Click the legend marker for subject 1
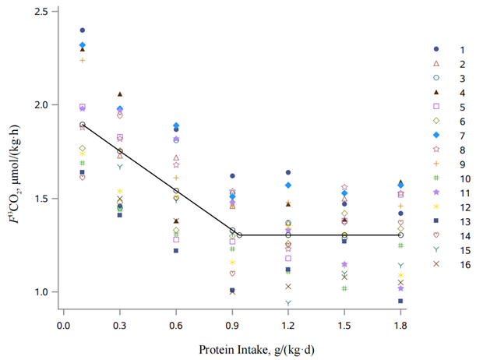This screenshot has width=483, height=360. click(436, 48)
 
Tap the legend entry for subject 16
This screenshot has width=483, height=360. click(436, 264)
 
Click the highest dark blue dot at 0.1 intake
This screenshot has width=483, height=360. click(83, 30)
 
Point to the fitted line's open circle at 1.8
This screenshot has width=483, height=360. click(400, 235)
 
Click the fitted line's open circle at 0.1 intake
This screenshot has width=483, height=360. click(83, 125)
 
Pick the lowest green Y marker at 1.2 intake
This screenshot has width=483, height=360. click(288, 303)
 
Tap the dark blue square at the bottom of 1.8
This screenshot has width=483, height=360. click(400, 301)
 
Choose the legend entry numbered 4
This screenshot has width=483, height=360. click(436, 92)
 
